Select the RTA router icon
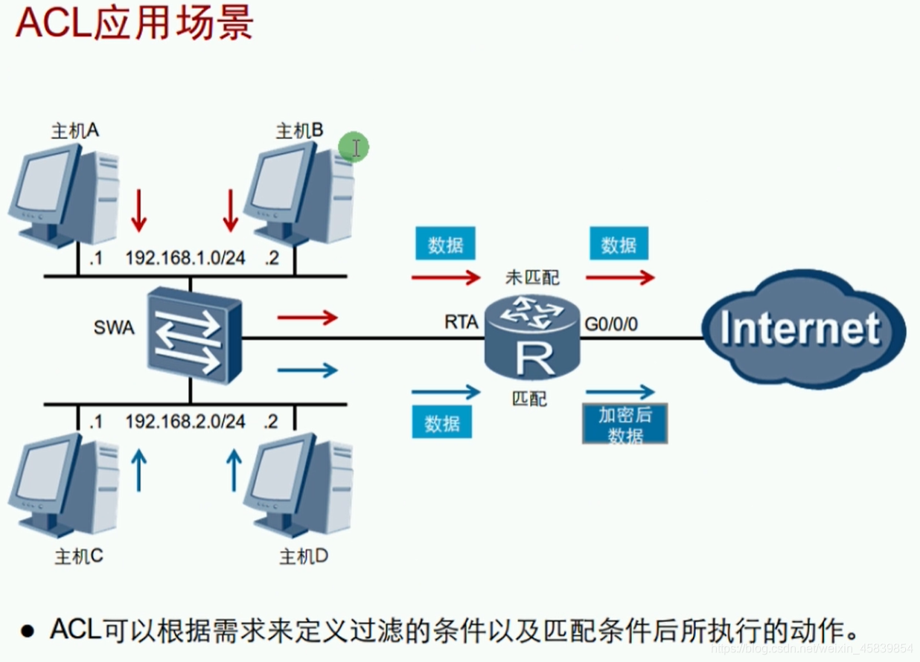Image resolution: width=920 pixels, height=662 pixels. pos(531,336)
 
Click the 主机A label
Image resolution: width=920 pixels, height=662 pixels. pos(75,131)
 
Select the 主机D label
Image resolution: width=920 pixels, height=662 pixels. pos(303,556)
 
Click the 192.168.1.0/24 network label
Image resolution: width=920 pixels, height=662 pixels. pos(185,257)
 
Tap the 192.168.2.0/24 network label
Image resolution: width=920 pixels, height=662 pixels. pos(185,422)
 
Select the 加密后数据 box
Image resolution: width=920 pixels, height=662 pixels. pos(624,424)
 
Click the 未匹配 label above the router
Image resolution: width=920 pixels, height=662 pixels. pos(531,277)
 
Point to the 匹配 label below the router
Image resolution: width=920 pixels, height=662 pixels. pos(530,399)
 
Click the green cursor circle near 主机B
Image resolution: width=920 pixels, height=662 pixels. pos(354,147)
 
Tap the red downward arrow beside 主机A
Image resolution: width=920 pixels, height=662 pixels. pos(138,211)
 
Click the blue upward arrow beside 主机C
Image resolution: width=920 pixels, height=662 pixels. pos(138,469)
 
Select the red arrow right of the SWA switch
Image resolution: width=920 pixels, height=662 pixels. pos(307,318)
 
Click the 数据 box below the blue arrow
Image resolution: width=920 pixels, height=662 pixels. pos(442,423)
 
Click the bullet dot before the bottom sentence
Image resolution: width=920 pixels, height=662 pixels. pos(28,632)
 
